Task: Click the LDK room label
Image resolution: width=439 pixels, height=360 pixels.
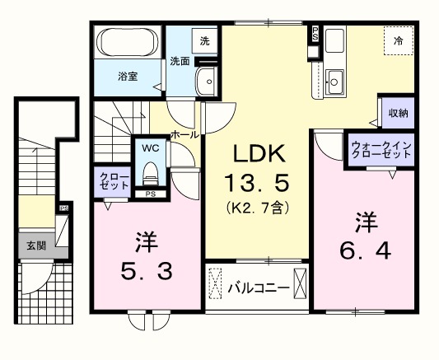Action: (x=257, y=152)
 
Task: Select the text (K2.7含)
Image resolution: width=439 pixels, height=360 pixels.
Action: (x=257, y=207)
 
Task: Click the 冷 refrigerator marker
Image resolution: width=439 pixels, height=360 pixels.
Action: (x=399, y=40)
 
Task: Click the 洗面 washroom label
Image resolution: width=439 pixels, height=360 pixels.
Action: (x=180, y=60)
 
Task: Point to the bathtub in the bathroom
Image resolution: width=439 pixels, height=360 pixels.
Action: (x=128, y=42)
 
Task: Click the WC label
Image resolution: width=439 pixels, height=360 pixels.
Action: (x=150, y=148)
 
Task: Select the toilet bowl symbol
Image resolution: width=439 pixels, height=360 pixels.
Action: (x=150, y=173)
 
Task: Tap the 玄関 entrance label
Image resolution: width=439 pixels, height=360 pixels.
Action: (x=35, y=245)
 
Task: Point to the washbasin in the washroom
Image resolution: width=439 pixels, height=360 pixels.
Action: (x=206, y=82)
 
